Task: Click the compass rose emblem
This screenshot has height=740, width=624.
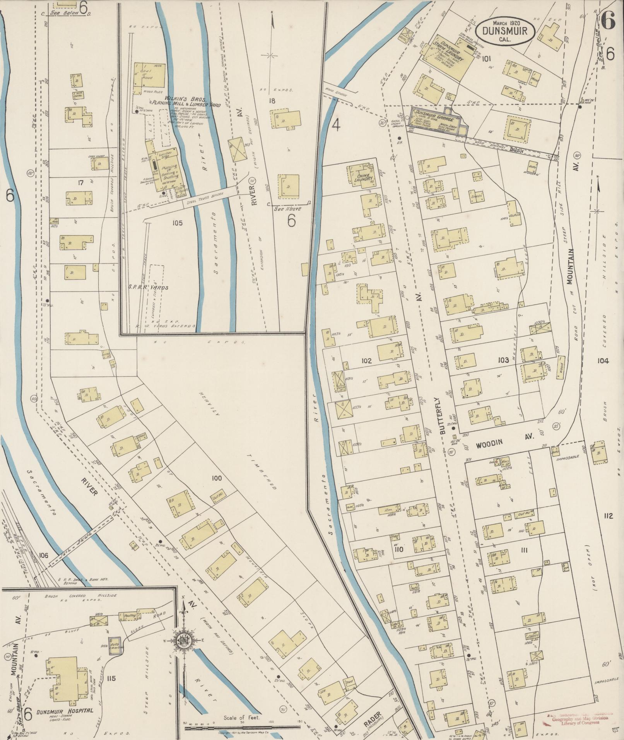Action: (x=184, y=640)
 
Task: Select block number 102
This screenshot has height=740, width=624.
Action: (x=366, y=361)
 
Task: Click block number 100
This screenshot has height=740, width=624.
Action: (x=217, y=479)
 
